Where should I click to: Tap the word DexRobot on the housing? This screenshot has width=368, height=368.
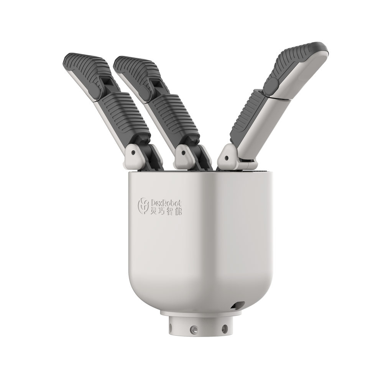(166, 202)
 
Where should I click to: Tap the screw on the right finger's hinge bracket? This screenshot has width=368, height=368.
(226, 158)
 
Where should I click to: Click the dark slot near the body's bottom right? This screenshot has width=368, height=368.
(237, 306)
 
